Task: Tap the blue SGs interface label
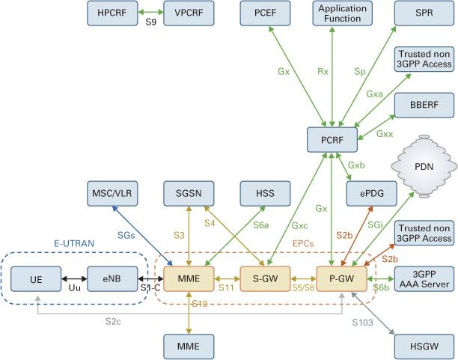click(x=126, y=235)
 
